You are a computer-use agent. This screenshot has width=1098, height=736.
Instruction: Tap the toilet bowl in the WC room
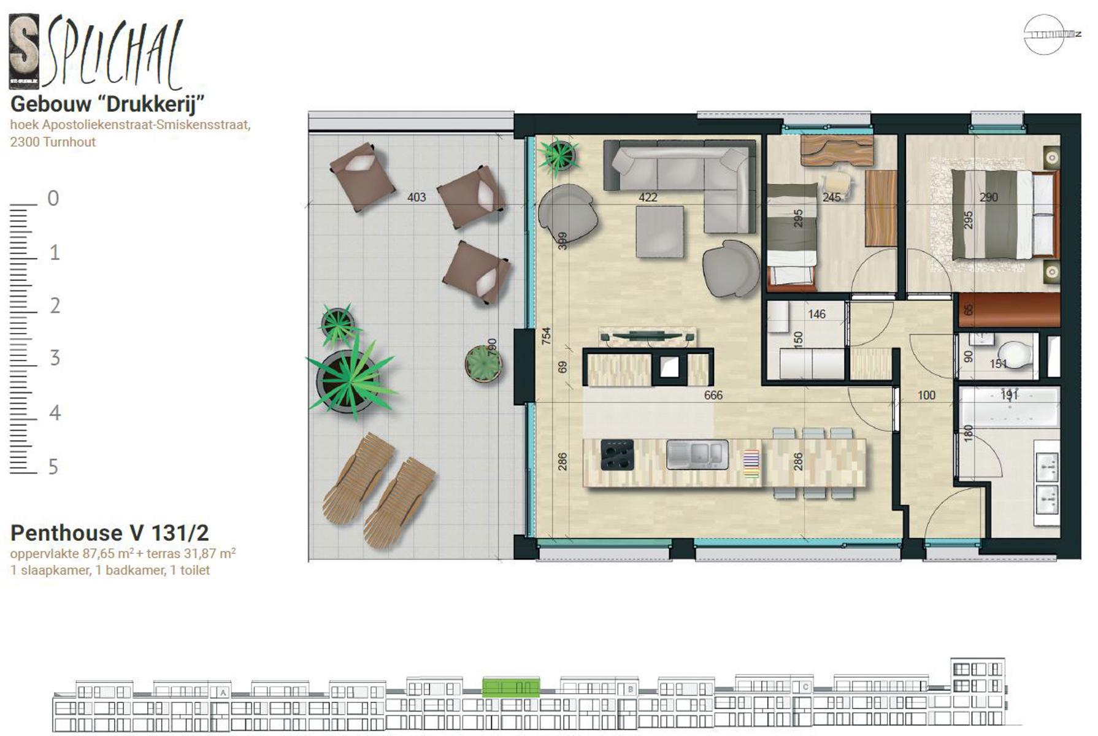(1015, 355)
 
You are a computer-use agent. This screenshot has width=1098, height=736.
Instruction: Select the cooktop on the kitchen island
(617, 454)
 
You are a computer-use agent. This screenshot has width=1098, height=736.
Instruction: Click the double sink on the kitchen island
(698, 454)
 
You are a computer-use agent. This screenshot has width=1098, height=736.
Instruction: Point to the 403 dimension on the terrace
(417, 197)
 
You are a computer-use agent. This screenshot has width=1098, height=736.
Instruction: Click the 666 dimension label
(713, 396)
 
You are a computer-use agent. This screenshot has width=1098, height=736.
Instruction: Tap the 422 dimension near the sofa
(648, 197)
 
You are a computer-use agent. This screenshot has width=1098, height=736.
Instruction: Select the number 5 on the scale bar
(53, 467)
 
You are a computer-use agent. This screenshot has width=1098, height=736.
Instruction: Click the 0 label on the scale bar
(53, 199)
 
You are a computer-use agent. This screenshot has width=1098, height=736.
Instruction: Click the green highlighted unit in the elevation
(510, 688)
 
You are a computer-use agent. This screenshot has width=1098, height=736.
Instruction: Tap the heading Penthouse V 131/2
(109, 532)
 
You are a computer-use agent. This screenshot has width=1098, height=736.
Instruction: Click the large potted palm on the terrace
(348, 380)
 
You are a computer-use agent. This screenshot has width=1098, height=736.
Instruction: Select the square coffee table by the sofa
(659, 231)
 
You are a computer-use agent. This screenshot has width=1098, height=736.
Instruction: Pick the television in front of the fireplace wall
(648, 335)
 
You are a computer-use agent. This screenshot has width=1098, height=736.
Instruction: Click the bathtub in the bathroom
(1009, 408)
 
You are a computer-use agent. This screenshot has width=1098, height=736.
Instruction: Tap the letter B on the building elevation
(630, 689)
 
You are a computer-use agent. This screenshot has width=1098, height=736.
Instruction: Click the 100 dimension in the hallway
(926, 396)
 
